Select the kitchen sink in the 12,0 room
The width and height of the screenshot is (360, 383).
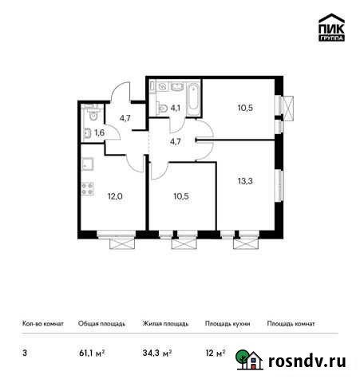tap(86, 164)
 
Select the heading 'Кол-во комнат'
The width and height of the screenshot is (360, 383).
tap(38, 324)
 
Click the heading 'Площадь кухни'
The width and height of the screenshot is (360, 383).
tap(227, 324)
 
